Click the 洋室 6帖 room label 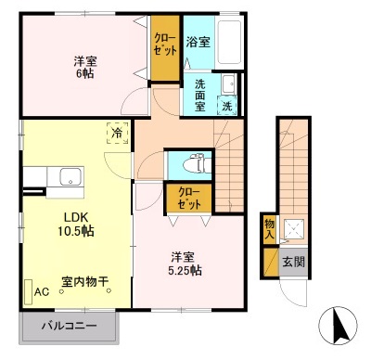coord(85,68)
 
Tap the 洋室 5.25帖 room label coord(185,263)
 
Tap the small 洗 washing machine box coord(227,106)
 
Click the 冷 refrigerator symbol coord(117,133)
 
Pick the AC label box coord(41,290)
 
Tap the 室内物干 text coord(85,280)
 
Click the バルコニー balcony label coord(70,327)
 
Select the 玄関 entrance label coord(293,262)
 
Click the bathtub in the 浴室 coord(227,41)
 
